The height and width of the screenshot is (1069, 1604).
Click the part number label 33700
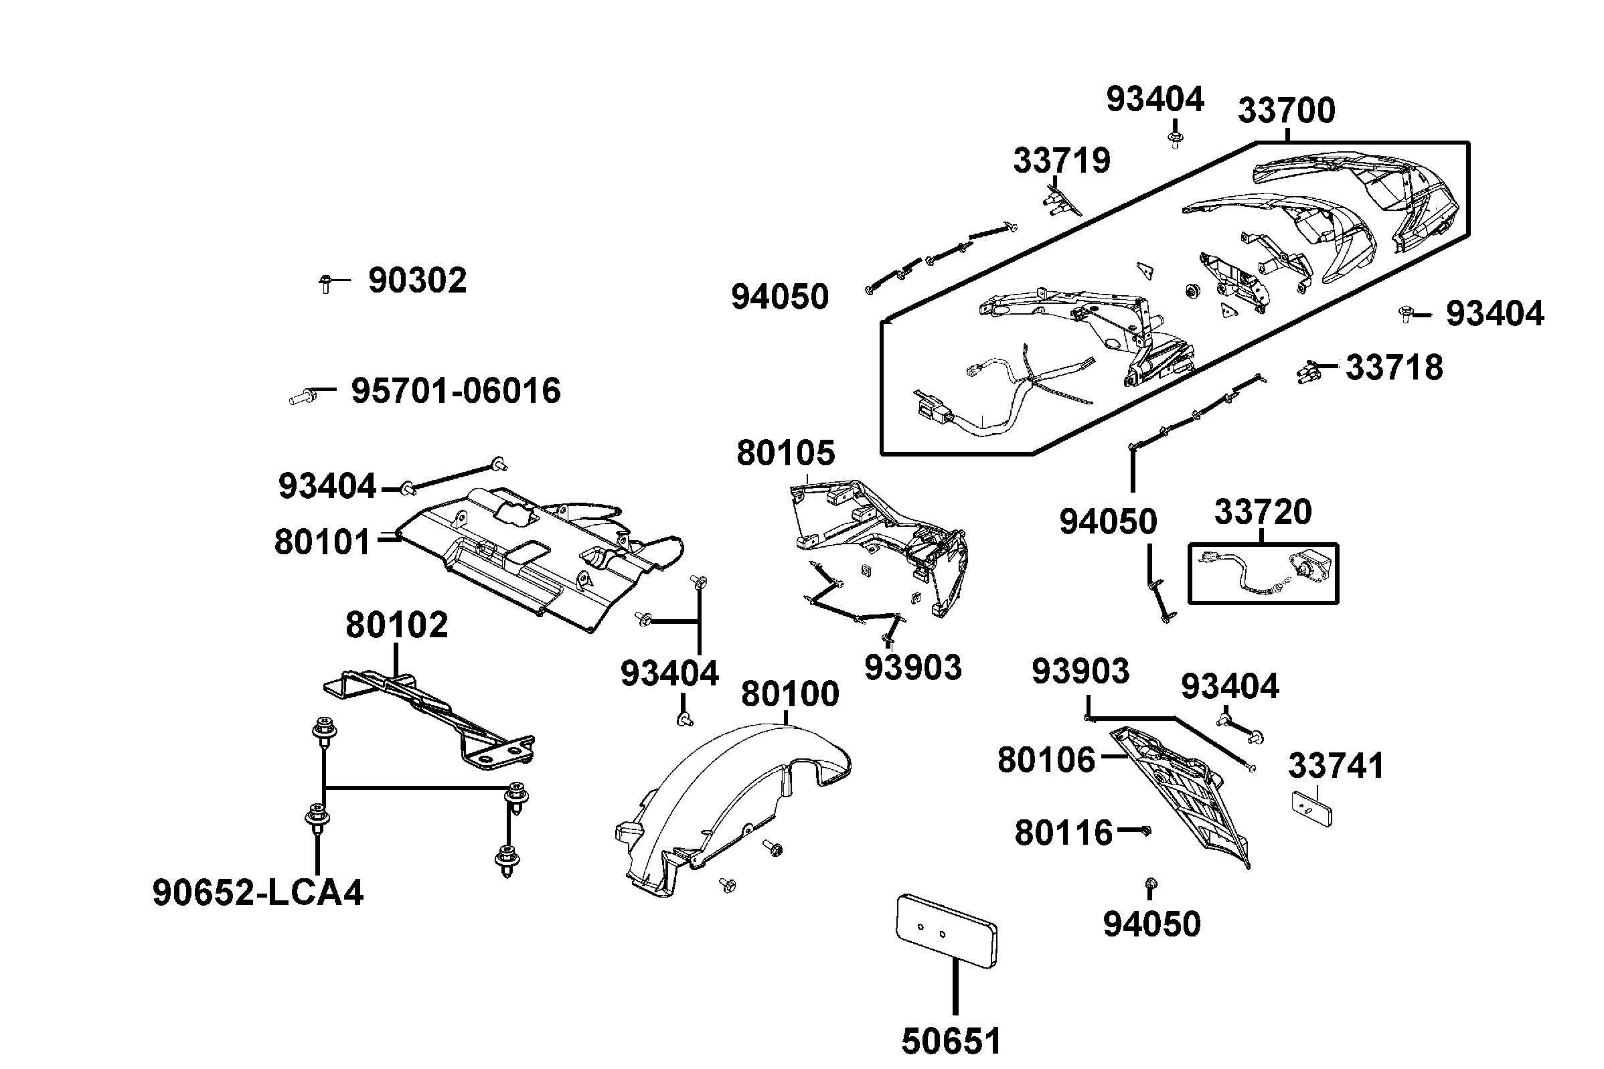coord(1285,110)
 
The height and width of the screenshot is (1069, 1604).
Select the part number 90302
coord(417,280)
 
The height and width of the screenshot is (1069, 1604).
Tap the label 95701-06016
coord(455,392)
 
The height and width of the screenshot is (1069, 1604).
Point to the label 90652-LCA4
coord(258,892)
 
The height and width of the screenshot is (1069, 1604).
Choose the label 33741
coord(1336,766)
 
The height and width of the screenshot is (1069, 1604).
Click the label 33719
coord(1061,161)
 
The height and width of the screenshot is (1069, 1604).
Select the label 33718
coord(1393,367)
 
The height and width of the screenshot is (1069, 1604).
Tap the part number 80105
coord(785,453)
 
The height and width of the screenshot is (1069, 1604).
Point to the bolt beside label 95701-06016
coord(302,395)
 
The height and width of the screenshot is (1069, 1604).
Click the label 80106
coord(1046,760)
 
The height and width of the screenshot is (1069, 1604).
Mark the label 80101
coord(322,543)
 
